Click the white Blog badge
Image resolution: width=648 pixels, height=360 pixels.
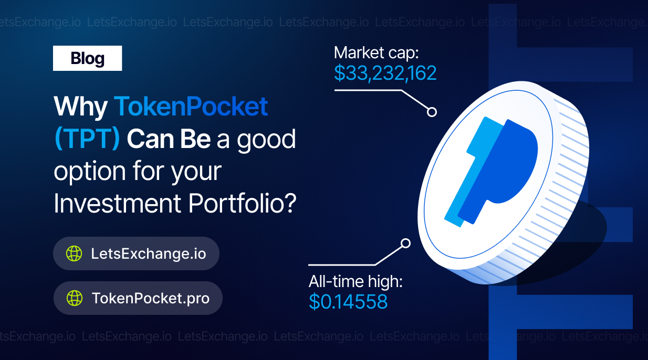tap(87, 58)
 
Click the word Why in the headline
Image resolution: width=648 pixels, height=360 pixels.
tap(81, 107)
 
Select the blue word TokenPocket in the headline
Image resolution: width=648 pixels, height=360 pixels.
tap(191, 106)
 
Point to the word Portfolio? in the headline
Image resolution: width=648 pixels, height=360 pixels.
tap(243, 203)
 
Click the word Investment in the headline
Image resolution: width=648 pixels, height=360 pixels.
tap(118, 203)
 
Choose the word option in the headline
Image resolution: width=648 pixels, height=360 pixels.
tap(90, 172)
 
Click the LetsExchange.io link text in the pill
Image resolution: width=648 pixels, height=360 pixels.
tap(149, 253)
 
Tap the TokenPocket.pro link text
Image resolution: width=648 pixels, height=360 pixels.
tap(150, 298)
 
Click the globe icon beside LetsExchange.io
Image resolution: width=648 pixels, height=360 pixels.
tap(74, 253)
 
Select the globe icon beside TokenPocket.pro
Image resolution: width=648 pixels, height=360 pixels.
tap(75, 298)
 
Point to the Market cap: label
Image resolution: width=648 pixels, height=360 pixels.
tap(376, 53)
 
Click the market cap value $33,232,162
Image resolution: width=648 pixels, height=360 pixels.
tap(385, 73)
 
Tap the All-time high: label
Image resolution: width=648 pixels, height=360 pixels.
tap(356, 282)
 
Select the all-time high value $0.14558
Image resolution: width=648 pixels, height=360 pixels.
tap(348, 302)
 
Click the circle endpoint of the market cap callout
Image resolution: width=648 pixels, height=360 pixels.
tap(432, 112)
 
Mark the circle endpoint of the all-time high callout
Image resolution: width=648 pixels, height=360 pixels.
tap(405, 243)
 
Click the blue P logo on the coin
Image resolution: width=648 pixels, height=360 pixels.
tap(491, 172)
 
